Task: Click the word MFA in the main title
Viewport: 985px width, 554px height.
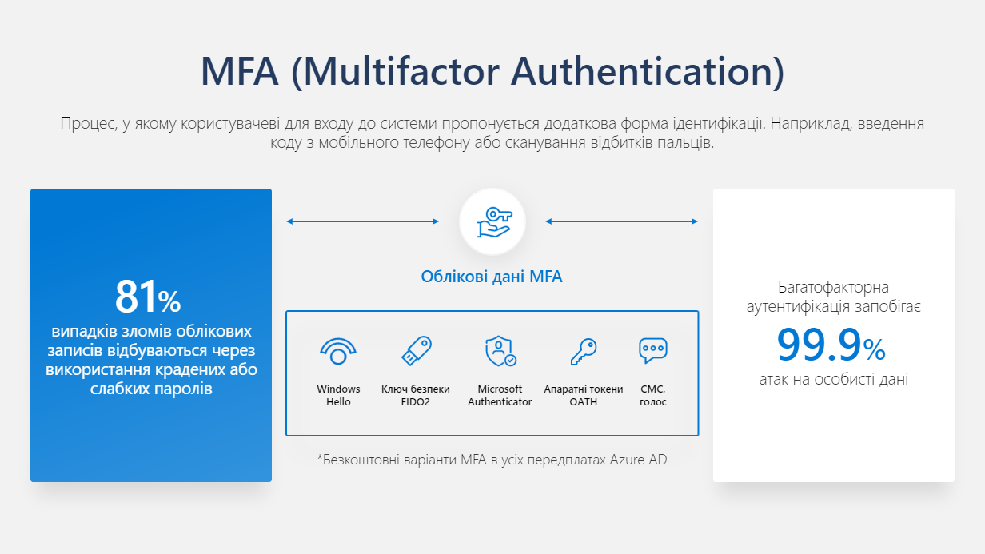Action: click(x=240, y=71)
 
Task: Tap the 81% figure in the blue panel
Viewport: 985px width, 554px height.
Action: click(x=148, y=297)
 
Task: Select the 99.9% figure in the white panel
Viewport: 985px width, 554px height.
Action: click(x=831, y=345)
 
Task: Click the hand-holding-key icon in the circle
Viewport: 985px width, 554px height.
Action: click(x=494, y=222)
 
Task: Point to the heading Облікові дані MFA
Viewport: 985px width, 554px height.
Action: click(x=492, y=277)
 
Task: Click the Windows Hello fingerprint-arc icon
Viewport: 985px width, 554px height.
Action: click(x=338, y=351)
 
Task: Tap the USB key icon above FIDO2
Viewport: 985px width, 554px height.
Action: click(x=417, y=350)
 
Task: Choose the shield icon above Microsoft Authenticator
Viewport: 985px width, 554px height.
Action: click(x=500, y=351)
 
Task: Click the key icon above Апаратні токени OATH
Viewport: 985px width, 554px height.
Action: click(x=584, y=351)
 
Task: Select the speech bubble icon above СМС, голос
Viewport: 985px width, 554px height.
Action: click(x=653, y=350)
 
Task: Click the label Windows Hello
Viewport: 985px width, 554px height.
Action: click(x=338, y=395)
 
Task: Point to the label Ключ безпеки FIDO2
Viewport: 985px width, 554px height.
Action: click(x=416, y=395)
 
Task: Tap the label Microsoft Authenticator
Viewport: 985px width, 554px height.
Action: click(x=500, y=395)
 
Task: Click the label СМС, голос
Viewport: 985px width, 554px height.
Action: click(x=653, y=395)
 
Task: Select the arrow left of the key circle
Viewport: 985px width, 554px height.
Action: click(x=363, y=221)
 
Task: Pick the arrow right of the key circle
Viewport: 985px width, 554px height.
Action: click(x=622, y=221)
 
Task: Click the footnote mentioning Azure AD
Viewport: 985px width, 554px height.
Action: click(x=492, y=460)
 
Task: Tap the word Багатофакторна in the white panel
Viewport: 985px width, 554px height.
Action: click(x=833, y=287)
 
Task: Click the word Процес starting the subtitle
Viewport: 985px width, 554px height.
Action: click(x=89, y=124)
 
